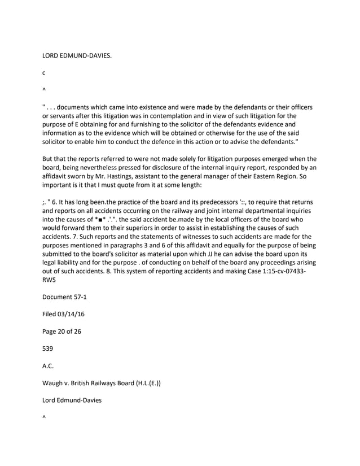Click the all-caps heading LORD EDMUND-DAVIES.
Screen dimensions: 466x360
point(77,57)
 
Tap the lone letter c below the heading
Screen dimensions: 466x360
point(45,73)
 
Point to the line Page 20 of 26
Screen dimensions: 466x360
point(62,331)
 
